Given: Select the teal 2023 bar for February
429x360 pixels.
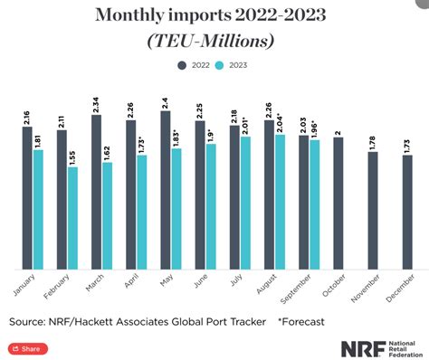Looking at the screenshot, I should [x=72, y=217].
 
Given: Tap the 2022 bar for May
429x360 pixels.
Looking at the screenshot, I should [x=165, y=189].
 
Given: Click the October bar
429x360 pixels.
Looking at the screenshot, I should [x=338, y=203].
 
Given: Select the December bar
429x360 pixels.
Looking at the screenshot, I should [x=407, y=212].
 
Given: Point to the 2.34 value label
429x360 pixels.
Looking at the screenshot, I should [x=96, y=102].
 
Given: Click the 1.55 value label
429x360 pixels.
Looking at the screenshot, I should [x=72, y=154].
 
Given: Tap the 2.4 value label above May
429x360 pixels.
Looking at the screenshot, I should [x=165, y=99].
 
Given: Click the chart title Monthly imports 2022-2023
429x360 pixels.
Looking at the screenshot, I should [x=214, y=15].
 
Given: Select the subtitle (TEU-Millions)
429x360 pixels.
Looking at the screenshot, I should [x=214, y=41].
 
